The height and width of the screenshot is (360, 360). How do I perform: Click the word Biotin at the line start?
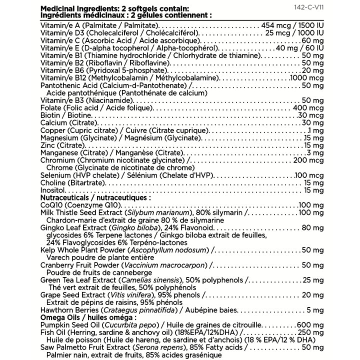(50, 115)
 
